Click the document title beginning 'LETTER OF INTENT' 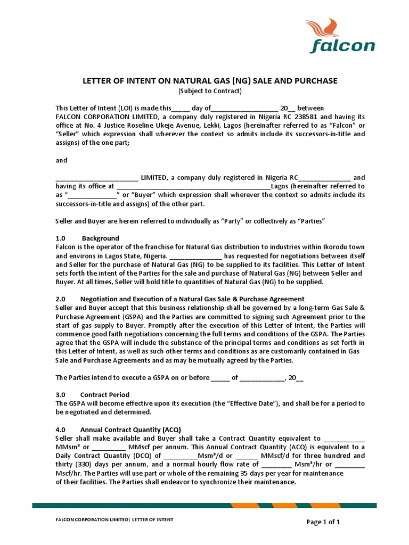(x=209, y=81)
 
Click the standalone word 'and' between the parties (x=62, y=160)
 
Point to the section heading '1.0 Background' (x=87, y=238)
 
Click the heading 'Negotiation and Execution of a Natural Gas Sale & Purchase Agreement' (x=192, y=299)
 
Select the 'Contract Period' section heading (x=104, y=395)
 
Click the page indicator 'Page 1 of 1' (x=323, y=522)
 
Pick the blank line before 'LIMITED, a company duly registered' (x=97, y=178)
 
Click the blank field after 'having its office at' (x=193, y=187)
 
